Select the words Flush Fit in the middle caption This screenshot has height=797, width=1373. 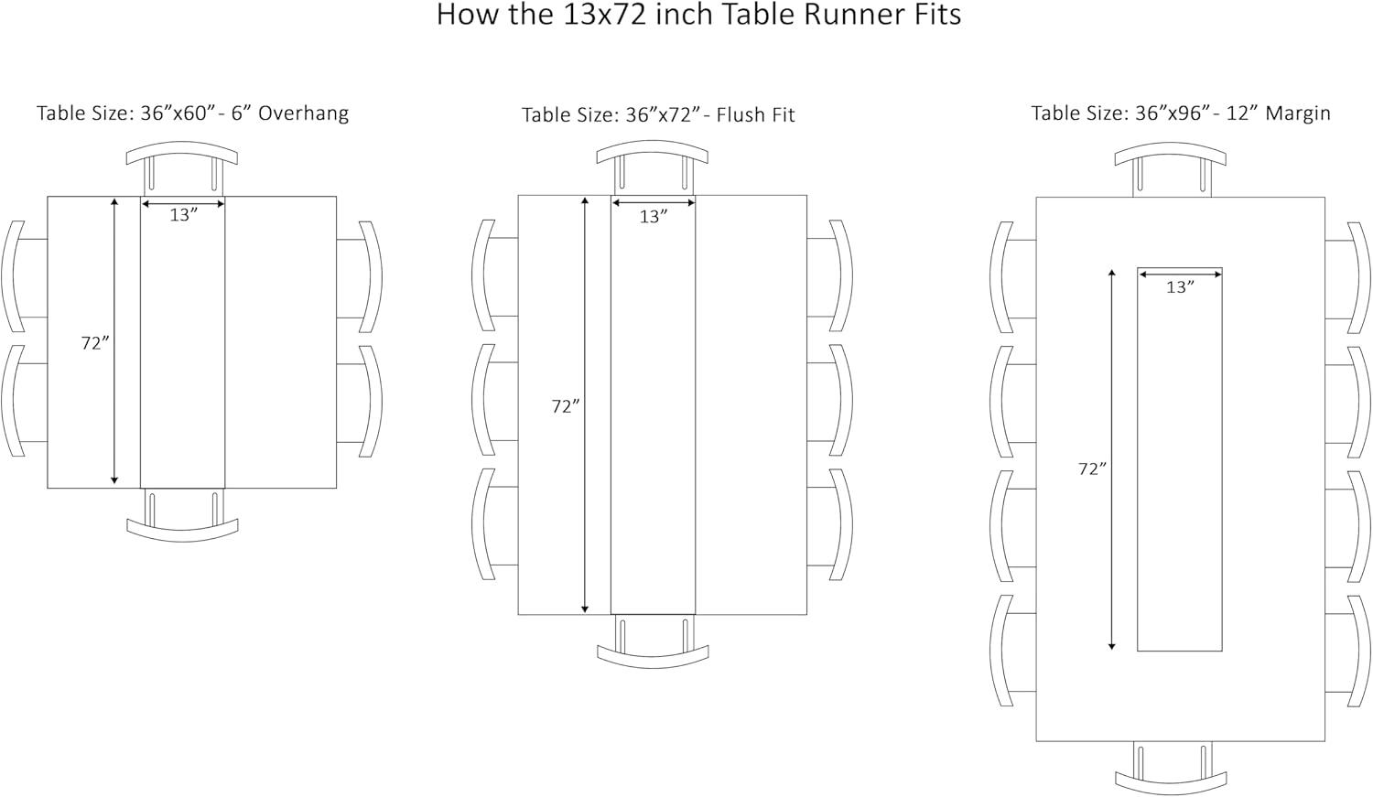click(x=755, y=114)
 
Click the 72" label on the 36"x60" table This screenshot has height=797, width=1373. click(x=95, y=343)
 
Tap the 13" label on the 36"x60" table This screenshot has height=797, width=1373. click(x=183, y=215)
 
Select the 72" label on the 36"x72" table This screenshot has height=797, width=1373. click(x=566, y=406)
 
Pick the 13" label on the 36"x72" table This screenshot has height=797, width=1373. click(x=653, y=217)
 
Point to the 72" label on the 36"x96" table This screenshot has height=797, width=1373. click(x=1092, y=469)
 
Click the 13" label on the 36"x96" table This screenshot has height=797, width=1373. click(x=1180, y=287)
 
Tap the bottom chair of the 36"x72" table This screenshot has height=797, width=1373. click(x=653, y=645)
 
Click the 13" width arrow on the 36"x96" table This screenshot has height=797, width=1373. click(x=1180, y=272)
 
